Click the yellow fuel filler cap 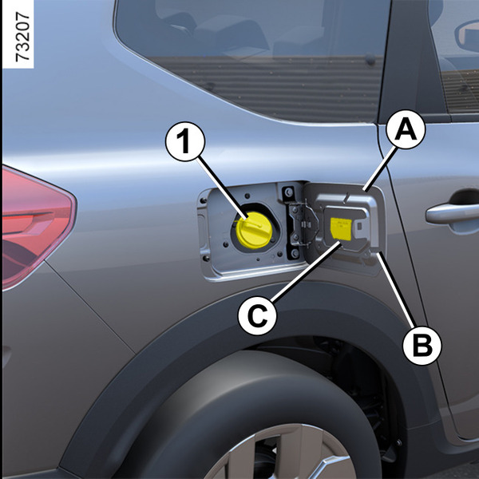click(x=254, y=230)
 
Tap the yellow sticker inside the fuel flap click(x=341, y=228)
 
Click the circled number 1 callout click(x=185, y=141)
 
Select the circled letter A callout click(x=406, y=129)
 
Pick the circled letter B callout click(x=422, y=346)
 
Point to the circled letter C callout click(x=257, y=315)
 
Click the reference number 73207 click(x=22, y=37)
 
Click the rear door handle click(x=453, y=212)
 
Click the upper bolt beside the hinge click(x=288, y=192)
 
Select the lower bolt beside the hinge click(x=295, y=253)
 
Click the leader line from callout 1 click(x=223, y=188)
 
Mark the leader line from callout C click(x=306, y=271)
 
